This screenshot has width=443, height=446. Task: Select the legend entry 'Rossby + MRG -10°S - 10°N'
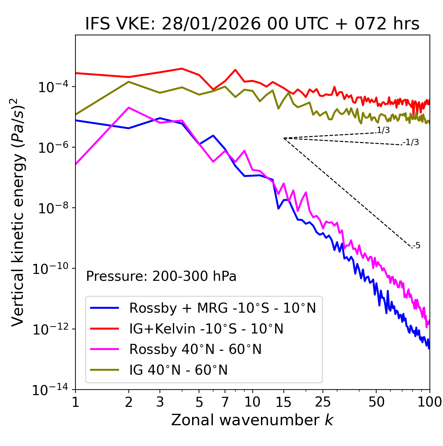click(222, 308)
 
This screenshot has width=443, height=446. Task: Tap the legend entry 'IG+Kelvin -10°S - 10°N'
click(206, 329)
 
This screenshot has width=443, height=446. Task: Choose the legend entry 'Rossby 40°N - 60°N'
click(195, 349)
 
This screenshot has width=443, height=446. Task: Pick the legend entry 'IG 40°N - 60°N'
click(178, 370)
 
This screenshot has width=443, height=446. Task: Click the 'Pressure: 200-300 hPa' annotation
click(161, 276)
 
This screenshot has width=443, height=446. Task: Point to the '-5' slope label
click(416, 246)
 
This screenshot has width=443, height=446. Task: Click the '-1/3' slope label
click(411, 142)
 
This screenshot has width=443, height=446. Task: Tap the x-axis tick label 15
click(283, 402)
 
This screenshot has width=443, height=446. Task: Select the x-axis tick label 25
click(323, 402)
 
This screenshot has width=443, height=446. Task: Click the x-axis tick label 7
click(225, 402)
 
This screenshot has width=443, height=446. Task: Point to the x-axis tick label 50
click(376, 402)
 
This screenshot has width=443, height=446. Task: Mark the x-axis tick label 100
click(429, 402)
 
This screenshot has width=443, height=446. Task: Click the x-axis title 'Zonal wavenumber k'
click(252, 420)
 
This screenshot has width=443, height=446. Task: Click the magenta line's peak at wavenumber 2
click(129, 108)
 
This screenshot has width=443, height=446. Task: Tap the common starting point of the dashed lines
click(284, 138)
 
